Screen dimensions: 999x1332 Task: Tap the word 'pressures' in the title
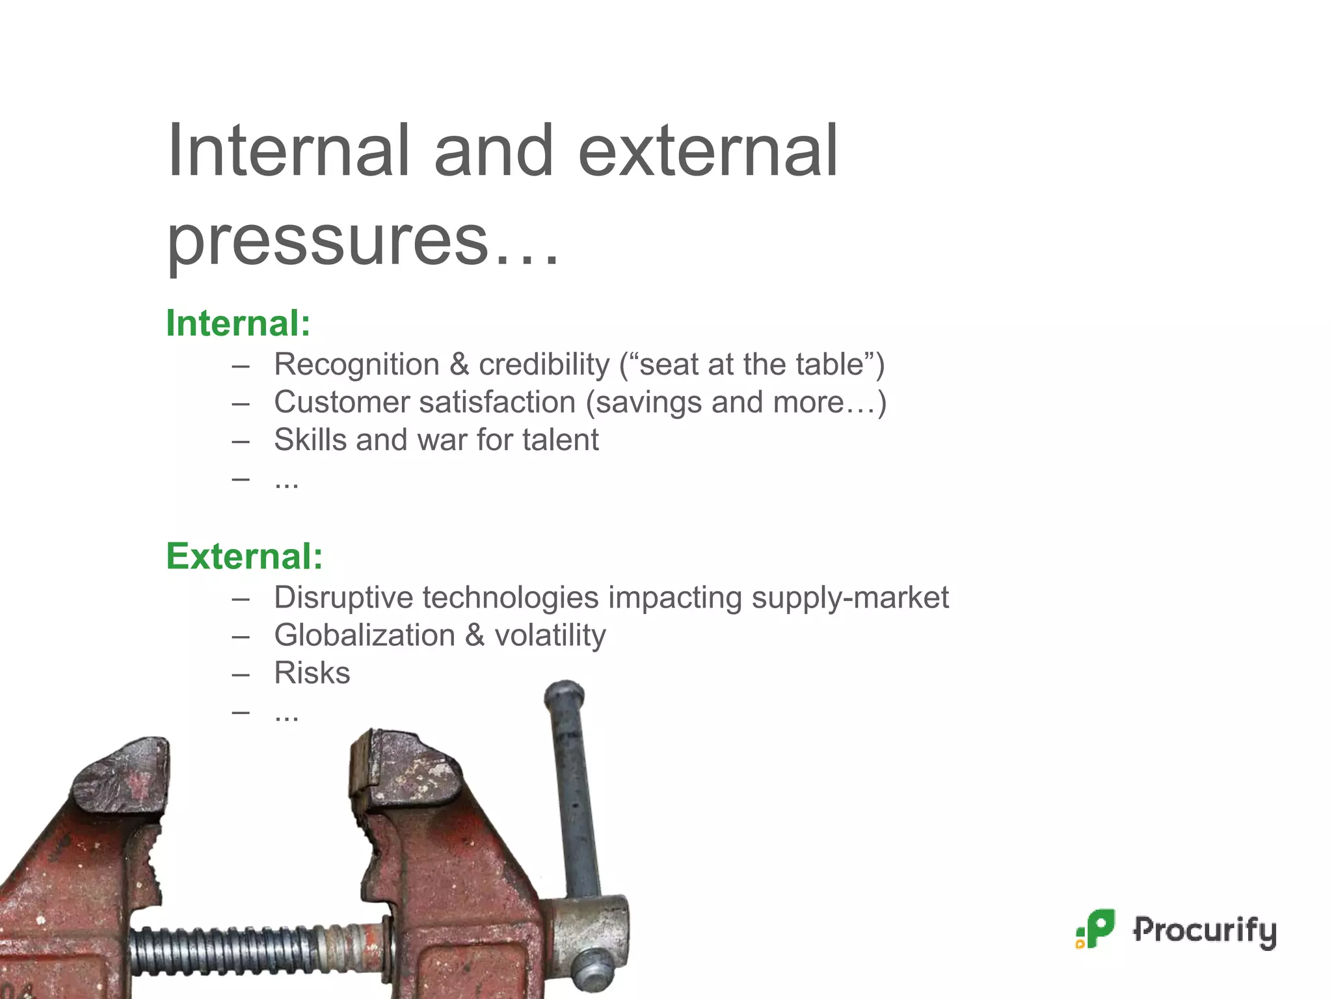pos(327,241)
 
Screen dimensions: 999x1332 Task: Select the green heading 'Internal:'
pos(238,323)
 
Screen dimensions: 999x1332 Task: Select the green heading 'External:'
pos(244,556)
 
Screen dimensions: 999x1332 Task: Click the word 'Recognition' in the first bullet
pos(356,364)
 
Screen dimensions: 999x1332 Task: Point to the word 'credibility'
pos(544,364)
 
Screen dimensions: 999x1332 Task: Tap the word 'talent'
pos(561,440)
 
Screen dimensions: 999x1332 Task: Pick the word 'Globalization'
pos(364,635)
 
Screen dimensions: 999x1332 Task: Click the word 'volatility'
pos(550,635)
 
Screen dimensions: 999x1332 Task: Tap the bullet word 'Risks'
pos(312,673)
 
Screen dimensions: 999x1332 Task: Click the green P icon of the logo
pos(1097,929)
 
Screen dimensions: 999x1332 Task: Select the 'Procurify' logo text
pos(1205,930)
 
